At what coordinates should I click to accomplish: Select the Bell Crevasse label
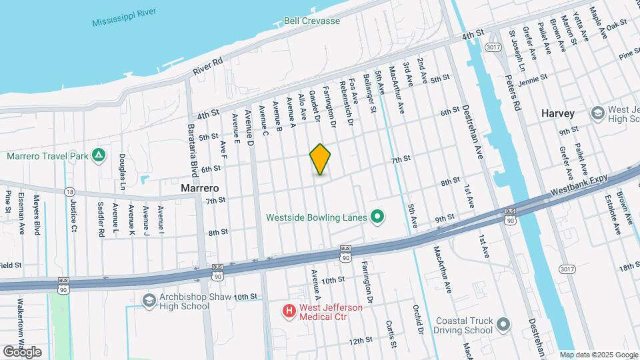tap(312, 21)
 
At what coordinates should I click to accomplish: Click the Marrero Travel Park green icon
tap(99, 156)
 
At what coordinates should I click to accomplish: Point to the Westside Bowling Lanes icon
tap(377, 217)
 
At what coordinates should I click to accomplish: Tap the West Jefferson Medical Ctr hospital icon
tap(289, 311)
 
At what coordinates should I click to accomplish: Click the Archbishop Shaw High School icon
tap(148, 301)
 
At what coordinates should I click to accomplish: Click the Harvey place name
tap(557, 113)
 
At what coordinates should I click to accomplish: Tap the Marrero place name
tap(201, 189)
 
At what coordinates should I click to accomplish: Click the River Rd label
tap(207, 67)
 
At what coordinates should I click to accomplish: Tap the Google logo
tap(22, 351)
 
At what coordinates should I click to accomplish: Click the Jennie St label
tap(532, 77)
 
